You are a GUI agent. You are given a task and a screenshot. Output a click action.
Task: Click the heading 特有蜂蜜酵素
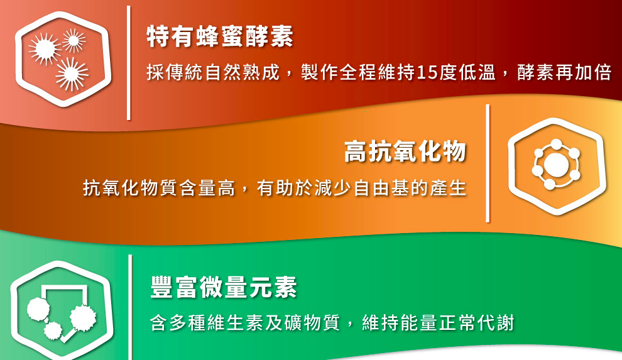pyautogui.click(x=220, y=36)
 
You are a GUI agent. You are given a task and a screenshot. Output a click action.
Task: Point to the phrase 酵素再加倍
pyautogui.click(x=564, y=72)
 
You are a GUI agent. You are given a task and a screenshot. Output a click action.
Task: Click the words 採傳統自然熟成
pyautogui.click(x=213, y=72)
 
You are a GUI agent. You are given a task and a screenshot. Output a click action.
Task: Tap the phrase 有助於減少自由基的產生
pyautogui.click(x=361, y=187)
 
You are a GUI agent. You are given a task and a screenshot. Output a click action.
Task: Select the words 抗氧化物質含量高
pyautogui.click(x=159, y=187)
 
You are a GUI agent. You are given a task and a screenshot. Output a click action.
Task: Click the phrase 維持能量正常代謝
pyautogui.click(x=439, y=323)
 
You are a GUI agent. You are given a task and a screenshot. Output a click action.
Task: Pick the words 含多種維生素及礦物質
pyautogui.click(x=245, y=323)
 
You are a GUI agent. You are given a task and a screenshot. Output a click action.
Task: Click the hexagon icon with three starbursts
pyautogui.click(x=63, y=59)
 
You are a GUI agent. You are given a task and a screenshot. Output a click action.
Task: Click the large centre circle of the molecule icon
pyautogui.click(x=556, y=164)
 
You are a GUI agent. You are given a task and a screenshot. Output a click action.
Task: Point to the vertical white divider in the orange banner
pyautogui.click(x=488, y=163)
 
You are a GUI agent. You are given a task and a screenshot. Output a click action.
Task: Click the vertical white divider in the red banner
pyautogui.click(x=129, y=63)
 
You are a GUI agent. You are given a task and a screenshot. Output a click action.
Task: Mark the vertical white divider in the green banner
pyautogui.click(x=130, y=307)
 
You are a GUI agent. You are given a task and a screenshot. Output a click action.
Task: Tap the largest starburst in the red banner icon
pyautogui.click(x=72, y=74)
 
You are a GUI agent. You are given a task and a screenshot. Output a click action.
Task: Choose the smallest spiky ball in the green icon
pyautogui.click(x=53, y=330)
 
